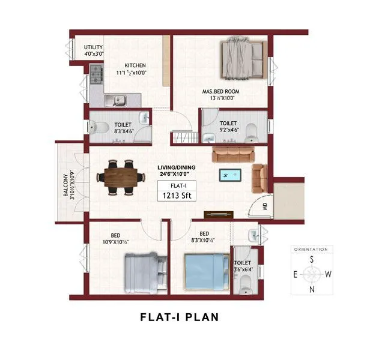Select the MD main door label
[x=264, y=208]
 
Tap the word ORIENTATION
[x=311, y=248]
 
